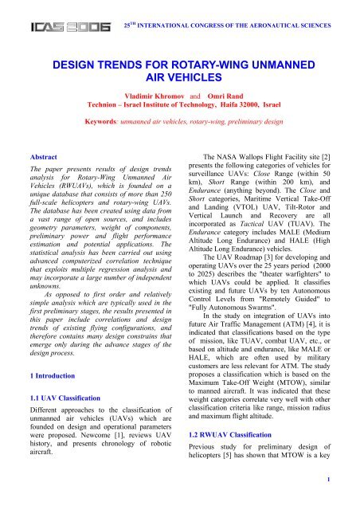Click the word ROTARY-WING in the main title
[x=198, y=64]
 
